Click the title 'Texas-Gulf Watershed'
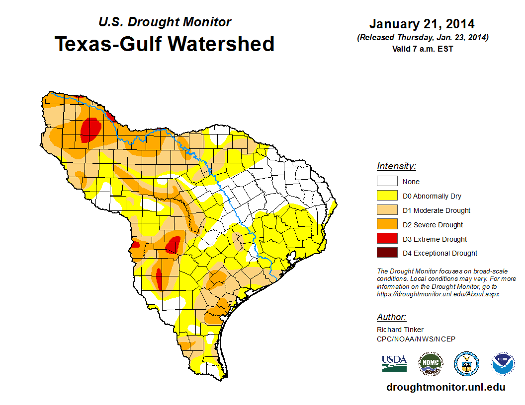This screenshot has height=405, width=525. coord(165,44)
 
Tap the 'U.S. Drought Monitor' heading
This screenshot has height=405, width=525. coord(165,22)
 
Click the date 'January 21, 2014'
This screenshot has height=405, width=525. coord(422,24)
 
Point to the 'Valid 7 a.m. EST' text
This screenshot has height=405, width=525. coord(422,49)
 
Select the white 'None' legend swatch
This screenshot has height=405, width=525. coord(387,182)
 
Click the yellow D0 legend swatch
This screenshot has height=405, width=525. coord(387,196)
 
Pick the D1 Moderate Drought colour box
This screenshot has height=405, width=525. coord(387,210)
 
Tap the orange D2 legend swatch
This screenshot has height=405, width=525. coord(387,225)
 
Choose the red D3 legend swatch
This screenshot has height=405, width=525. coord(387,239)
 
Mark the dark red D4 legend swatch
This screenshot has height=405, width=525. coord(387,253)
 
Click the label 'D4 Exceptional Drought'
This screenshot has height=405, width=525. coord(440,253)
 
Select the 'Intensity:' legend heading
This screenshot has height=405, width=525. coord(396,166)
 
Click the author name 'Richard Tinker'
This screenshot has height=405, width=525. coord(400,330)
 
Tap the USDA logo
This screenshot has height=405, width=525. coord(394,364)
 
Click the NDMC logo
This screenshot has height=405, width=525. coord(430,364)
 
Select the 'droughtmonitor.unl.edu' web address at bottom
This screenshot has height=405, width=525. coord(445,387)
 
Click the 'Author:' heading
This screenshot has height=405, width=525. coord(392,317)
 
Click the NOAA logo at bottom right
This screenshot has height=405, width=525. coord(503,364)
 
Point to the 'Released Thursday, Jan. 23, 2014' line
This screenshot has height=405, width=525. coord(422,38)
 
